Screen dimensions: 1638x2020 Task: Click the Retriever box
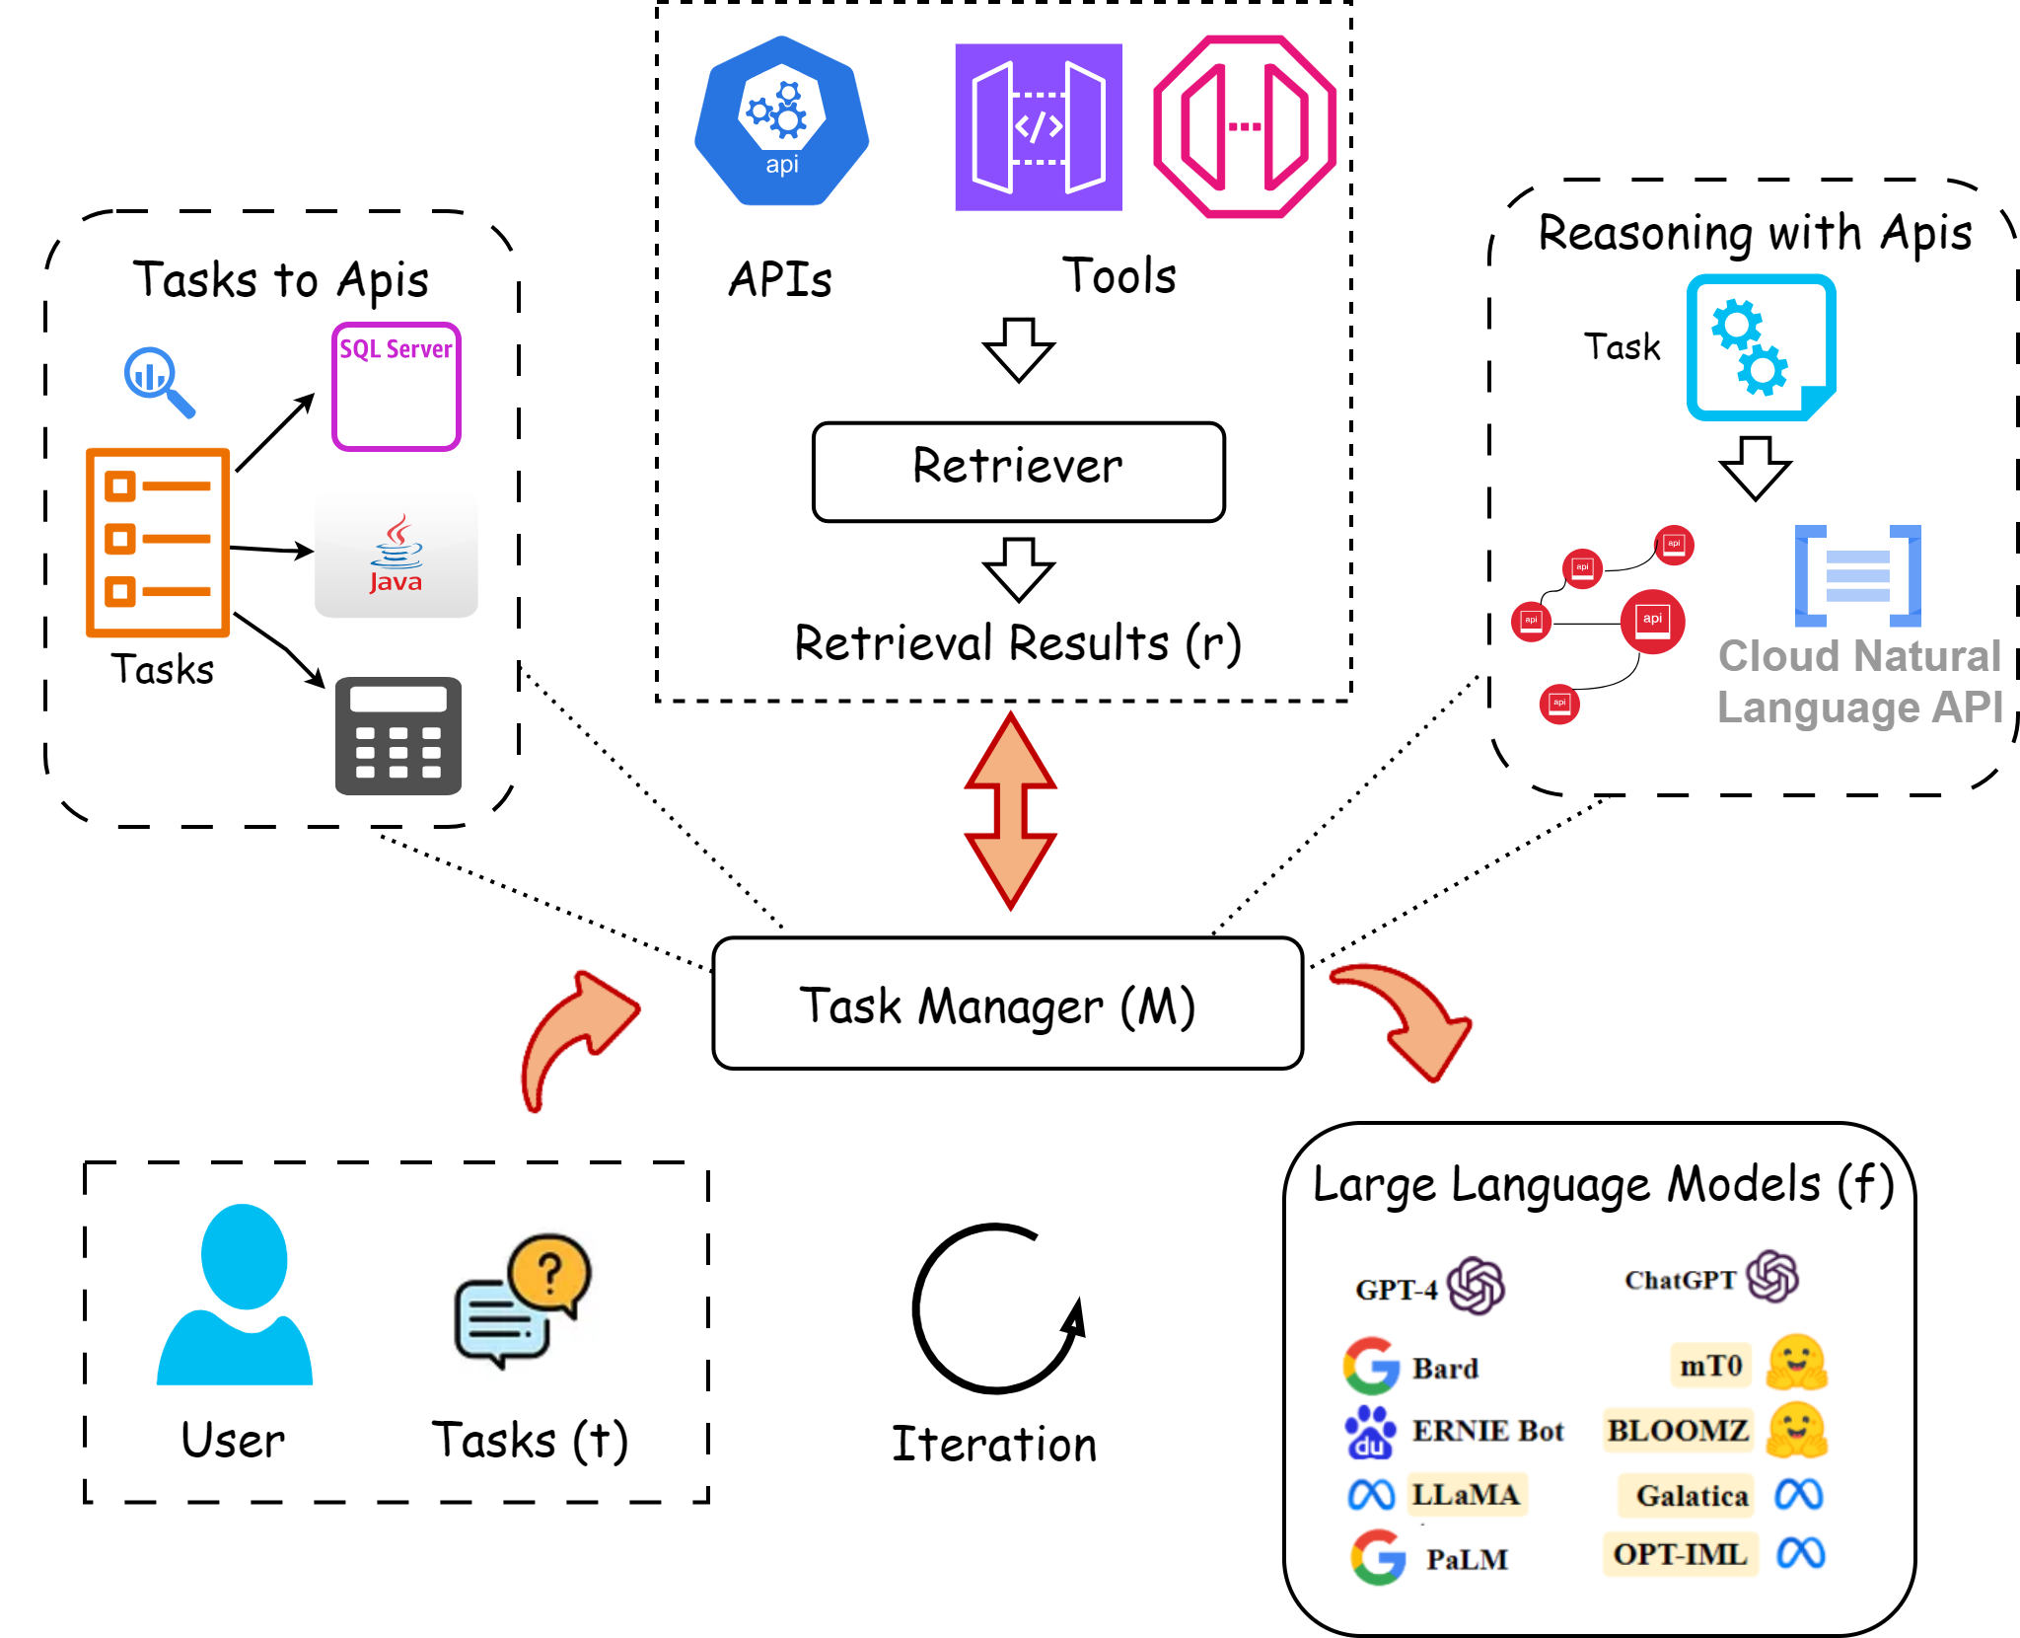[1018, 471]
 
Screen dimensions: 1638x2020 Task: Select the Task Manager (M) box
[1007, 1004]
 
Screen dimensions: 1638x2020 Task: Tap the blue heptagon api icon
[781, 120]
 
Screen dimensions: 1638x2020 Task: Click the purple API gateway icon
[1038, 126]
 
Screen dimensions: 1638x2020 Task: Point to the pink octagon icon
[1245, 126]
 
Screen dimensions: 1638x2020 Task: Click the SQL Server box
[397, 387]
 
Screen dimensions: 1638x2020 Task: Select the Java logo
[397, 556]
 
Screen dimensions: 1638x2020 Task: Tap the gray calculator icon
[398, 735]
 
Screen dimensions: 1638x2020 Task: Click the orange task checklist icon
[158, 542]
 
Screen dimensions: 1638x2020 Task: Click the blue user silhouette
[237, 1295]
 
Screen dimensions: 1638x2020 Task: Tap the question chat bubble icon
[517, 1301]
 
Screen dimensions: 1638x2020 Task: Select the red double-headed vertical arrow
[1010, 810]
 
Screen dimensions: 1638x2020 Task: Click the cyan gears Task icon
[1761, 347]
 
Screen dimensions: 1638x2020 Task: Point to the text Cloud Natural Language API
[1859, 681]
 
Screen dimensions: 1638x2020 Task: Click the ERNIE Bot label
[1487, 1431]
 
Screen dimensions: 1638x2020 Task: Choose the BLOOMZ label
[1678, 1431]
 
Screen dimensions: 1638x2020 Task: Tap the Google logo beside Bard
[1371, 1366]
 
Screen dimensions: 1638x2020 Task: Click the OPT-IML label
[1680, 1554]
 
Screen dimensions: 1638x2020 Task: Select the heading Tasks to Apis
[281, 280]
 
